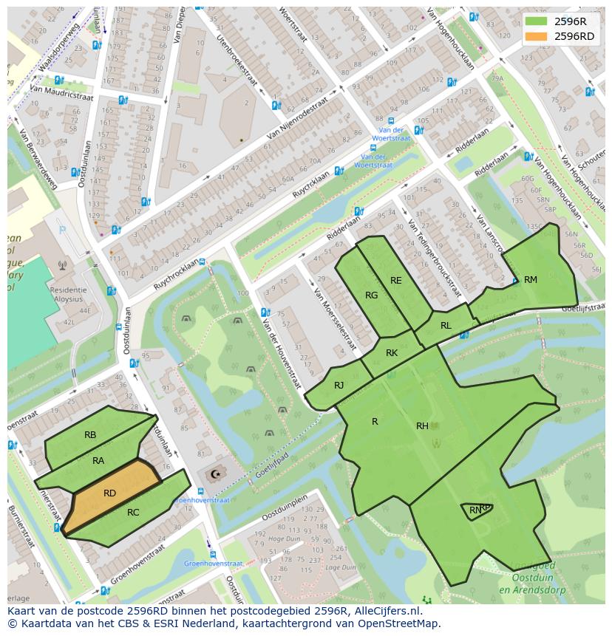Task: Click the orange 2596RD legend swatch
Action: point(537,36)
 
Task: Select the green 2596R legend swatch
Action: point(537,21)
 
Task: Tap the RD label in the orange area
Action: point(109,493)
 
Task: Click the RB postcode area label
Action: point(90,435)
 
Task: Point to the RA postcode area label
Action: point(98,461)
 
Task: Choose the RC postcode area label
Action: point(133,513)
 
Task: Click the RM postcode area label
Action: point(531,280)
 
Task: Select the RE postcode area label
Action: point(396,281)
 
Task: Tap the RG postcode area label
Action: point(372,295)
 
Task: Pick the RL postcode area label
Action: point(446,326)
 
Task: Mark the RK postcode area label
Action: point(392,353)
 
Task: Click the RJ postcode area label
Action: point(339,385)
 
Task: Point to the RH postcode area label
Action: point(422,425)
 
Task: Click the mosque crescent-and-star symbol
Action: point(216,474)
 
